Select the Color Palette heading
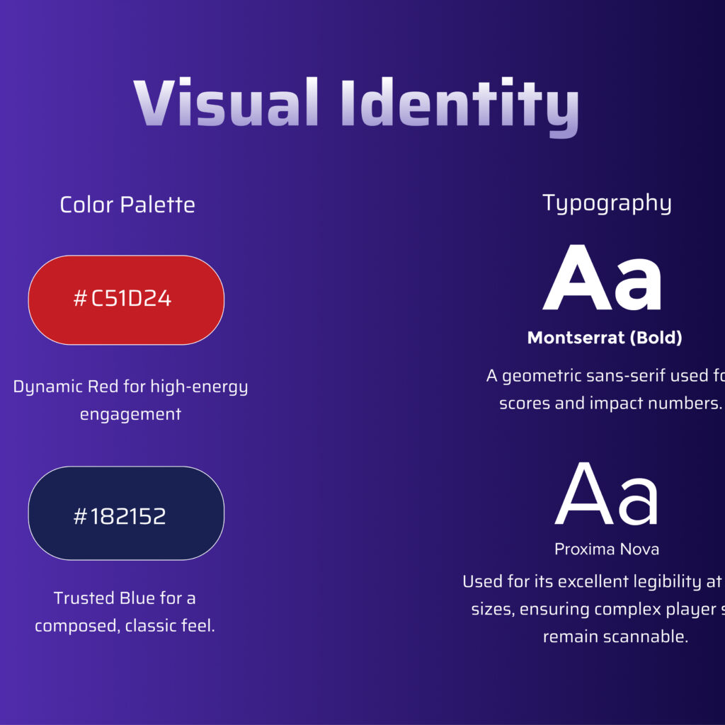tap(127, 205)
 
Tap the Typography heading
tap(607, 203)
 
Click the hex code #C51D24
tap(122, 299)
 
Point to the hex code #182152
tap(120, 516)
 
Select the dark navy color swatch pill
tap(195, 513)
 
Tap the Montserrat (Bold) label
tap(605, 338)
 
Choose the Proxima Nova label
tap(607, 549)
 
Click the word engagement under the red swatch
tap(130, 414)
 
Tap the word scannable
tap(645, 636)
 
